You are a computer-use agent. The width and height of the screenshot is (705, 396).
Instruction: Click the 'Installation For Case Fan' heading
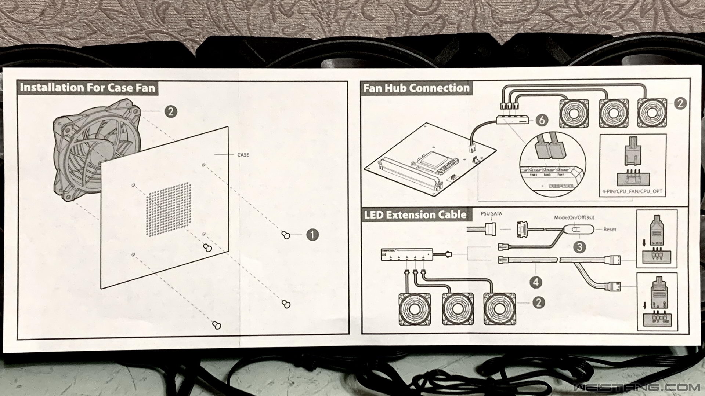point(87,88)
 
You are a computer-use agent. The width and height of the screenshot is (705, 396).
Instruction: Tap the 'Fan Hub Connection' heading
point(416,88)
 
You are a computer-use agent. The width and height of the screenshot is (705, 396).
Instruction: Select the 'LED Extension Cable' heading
point(415,214)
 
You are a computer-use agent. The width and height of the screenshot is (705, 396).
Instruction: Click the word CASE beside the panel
point(243,155)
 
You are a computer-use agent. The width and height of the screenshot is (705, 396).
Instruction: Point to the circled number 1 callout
point(312,235)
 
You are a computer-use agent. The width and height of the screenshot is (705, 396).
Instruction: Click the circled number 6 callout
point(542,120)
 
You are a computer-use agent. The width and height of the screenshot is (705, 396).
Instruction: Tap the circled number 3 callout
point(579,247)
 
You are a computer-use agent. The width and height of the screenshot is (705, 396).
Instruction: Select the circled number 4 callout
point(536,282)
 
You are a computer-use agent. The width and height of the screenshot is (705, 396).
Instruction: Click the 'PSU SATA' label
point(491,213)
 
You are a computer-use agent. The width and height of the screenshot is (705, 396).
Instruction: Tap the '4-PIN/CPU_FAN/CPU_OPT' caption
point(632,191)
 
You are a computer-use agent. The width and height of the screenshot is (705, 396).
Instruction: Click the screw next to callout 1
point(286,235)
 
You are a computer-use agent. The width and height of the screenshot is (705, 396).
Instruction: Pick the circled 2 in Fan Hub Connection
point(680,103)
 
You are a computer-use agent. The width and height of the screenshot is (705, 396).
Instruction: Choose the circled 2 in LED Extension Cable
point(538,302)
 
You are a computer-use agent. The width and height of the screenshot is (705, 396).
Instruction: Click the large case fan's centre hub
point(98,152)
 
